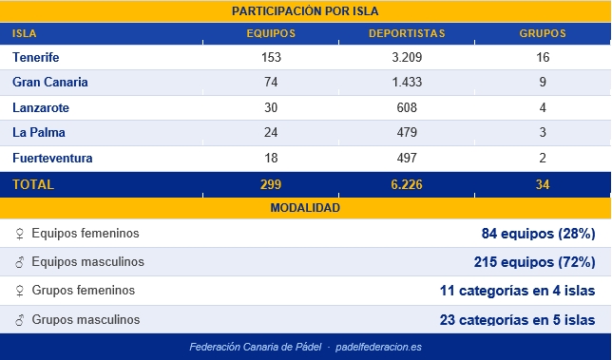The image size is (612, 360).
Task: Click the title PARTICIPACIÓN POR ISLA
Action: pyautogui.click(x=305, y=11)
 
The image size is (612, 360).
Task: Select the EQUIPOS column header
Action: pyautogui.click(x=271, y=33)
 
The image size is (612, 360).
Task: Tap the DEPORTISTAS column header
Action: pyautogui.click(x=407, y=33)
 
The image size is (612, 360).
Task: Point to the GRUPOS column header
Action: pyautogui.click(x=542, y=33)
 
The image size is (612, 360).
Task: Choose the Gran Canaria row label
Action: pyautogui.click(x=50, y=83)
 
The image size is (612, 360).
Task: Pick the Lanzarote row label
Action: pyautogui.click(x=41, y=108)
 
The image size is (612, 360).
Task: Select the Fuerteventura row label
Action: pyautogui.click(x=52, y=158)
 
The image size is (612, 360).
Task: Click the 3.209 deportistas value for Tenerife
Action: pyautogui.click(x=407, y=57)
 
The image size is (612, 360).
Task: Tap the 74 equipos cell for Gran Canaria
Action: pyautogui.click(x=271, y=83)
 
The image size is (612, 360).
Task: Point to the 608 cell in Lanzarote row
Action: pyautogui.click(x=407, y=108)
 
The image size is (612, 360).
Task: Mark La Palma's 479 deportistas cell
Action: pyautogui.click(x=407, y=133)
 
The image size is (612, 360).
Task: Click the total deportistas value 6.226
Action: pyautogui.click(x=407, y=184)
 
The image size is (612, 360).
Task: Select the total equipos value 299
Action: pyautogui.click(x=271, y=184)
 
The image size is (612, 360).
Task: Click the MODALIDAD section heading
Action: pyautogui.click(x=305, y=208)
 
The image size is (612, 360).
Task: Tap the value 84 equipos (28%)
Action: pyautogui.click(x=539, y=234)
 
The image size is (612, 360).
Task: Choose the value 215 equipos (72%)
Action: pyautogui.click(x=534, y=262)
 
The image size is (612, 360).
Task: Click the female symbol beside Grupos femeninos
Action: pyautogui.click(x=18, y=291)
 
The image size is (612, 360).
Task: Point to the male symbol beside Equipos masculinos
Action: pyautogui.click(x=18, y=262)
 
